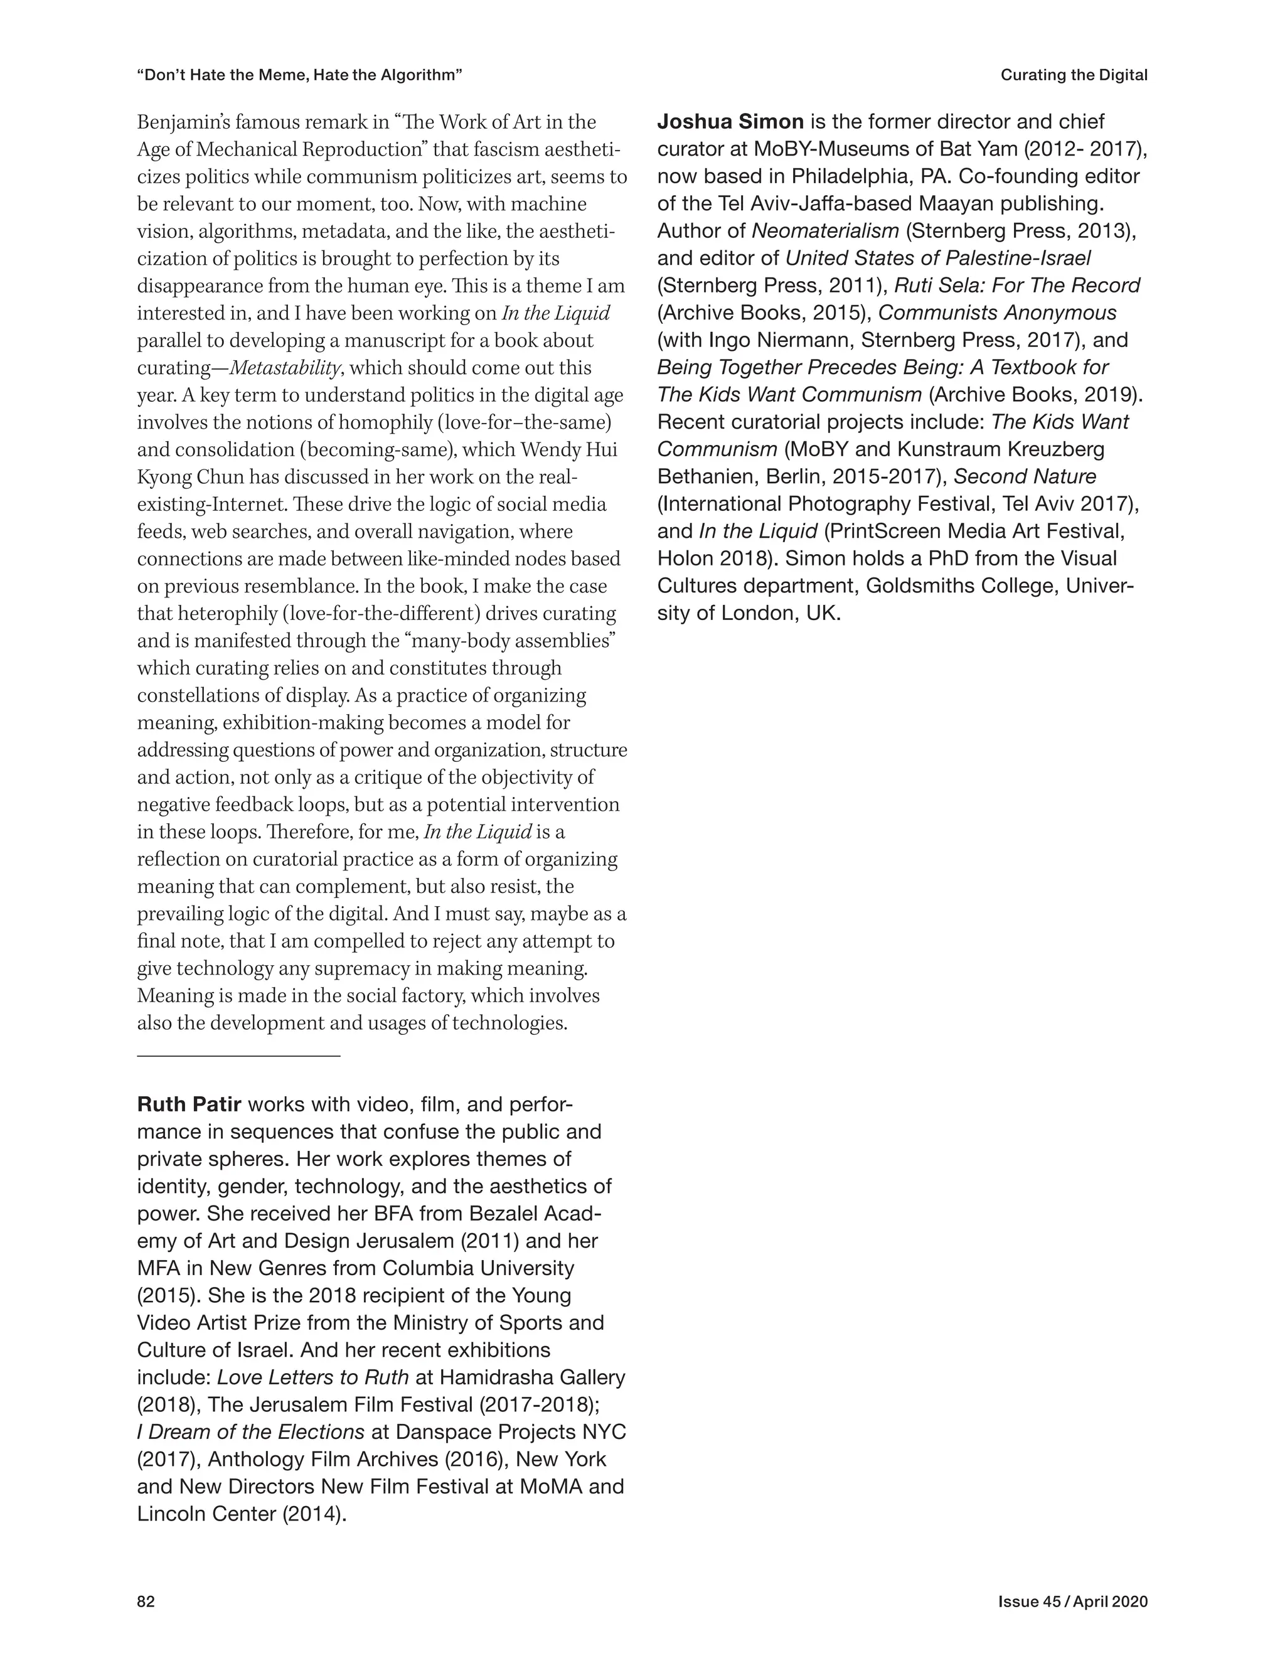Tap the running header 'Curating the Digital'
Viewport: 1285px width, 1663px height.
tap(1074, 75)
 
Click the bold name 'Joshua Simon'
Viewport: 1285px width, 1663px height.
tap(730, 122)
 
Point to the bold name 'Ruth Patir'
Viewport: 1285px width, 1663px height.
tap(189, 1104)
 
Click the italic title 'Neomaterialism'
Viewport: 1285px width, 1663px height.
tap(825, 231)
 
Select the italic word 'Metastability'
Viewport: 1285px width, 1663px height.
tap(285, 368)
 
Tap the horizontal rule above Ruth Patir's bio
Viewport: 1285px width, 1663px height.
tap(238, 1056)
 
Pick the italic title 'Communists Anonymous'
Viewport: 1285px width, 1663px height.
tap(997, 313)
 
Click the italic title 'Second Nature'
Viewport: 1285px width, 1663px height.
tap(1025, 477)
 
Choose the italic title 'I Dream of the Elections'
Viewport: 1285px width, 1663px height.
tap(250, 1431)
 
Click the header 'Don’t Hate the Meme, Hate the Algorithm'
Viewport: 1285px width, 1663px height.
tap(300, 75)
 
